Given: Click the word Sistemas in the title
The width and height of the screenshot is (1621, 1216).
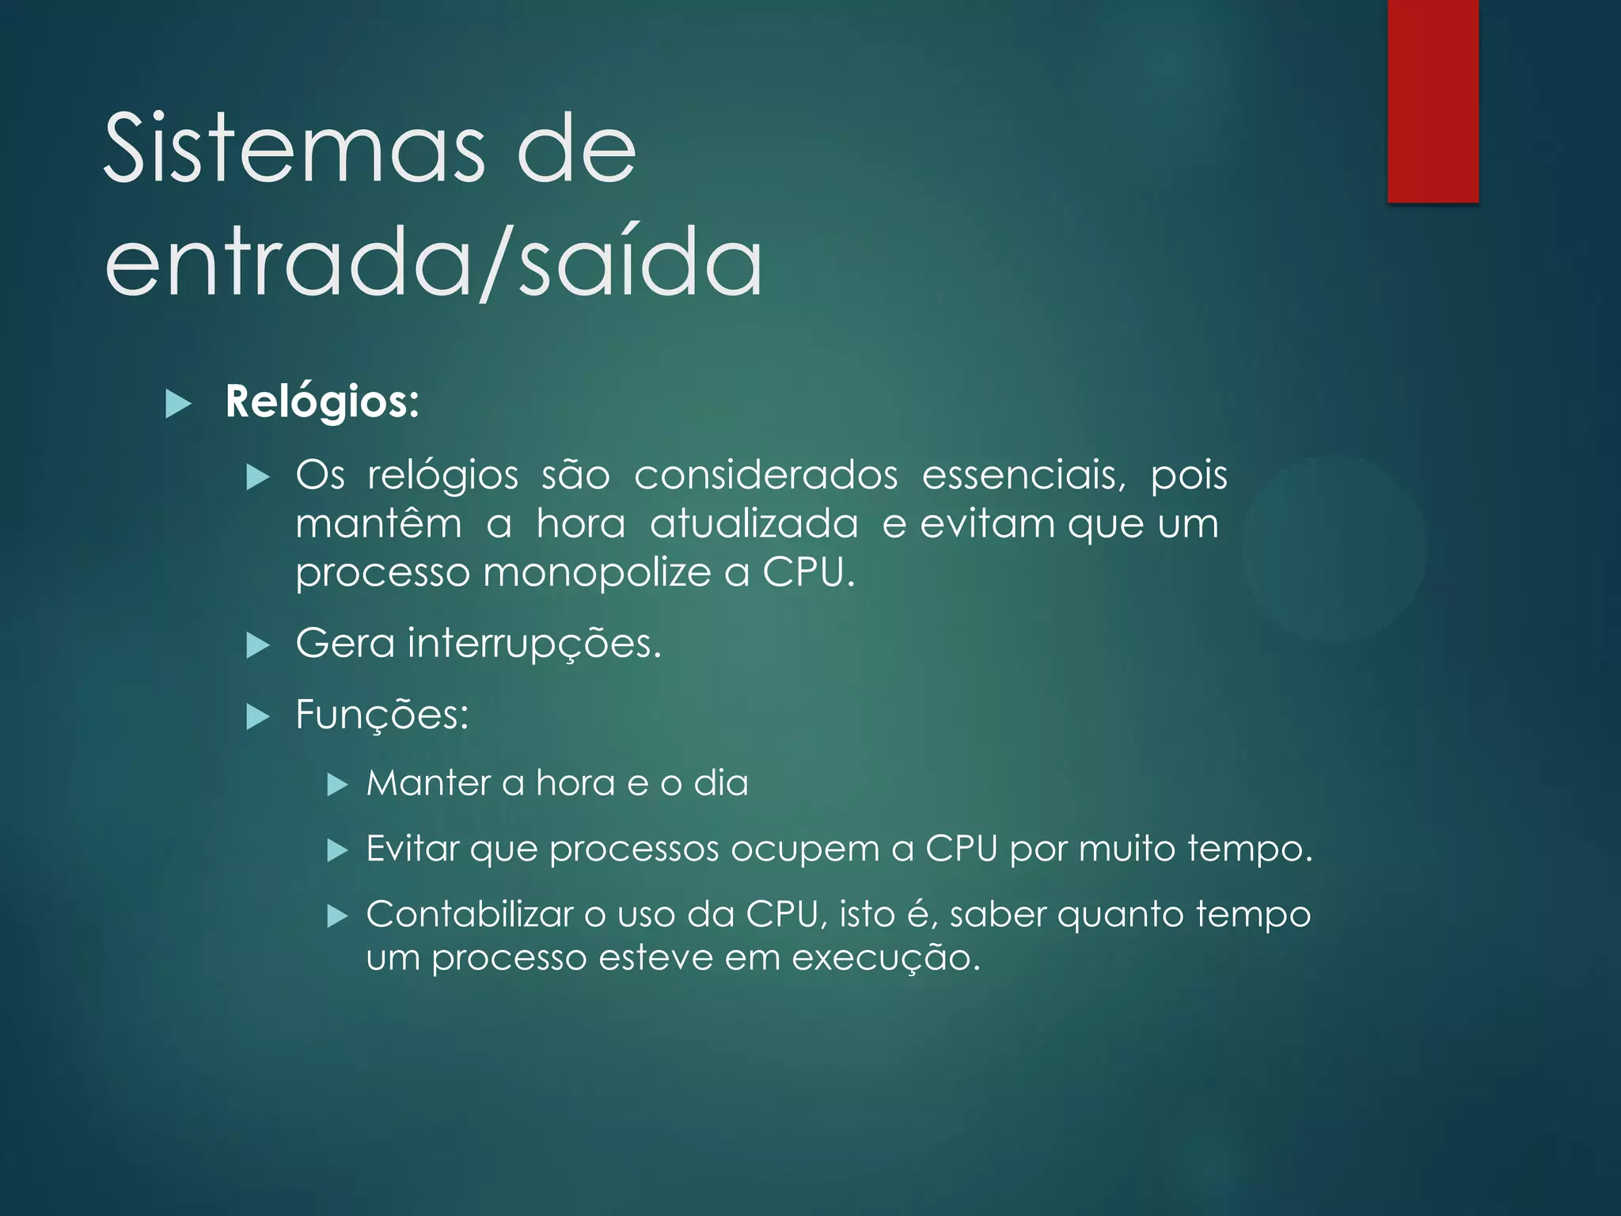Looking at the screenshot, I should click(x=293, y=148).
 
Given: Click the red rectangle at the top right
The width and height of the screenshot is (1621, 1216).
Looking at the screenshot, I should click(x=1433, y=101).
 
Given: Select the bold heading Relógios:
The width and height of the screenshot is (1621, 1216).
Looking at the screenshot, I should click(x=322, y=401).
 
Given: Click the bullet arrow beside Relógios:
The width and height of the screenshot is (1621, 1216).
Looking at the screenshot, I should click(x=179, y=405).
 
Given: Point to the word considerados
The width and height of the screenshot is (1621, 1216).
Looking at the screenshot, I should click(x=765, y=475).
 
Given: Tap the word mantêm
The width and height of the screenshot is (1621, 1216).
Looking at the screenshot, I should click(x=378, y=524).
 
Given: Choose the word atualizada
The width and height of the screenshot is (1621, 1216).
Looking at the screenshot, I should click(x=754, y=524).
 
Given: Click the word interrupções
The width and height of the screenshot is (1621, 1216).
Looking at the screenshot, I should click(x=534, y=643).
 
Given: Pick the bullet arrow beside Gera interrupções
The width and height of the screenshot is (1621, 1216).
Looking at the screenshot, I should click(x=258, y=646).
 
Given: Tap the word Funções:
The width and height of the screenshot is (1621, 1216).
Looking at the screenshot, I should click(x=382, y=715).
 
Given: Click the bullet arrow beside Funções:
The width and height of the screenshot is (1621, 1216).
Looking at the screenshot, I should click(x=258, y=717).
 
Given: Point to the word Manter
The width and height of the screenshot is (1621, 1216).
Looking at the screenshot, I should click(x=428, y=783).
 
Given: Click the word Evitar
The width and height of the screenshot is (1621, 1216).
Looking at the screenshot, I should click(x=412, y=849).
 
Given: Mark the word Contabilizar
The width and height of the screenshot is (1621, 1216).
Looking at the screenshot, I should click(x=469, y=914).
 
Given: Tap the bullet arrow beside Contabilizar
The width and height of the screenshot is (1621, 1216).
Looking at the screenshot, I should click(x=338, y=917).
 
